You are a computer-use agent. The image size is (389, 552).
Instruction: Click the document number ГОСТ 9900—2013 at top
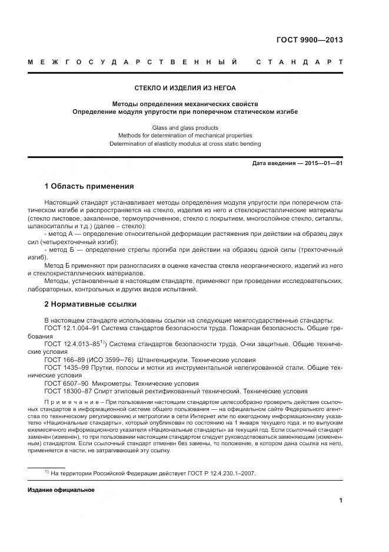310,41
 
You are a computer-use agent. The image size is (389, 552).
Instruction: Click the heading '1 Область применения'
89,186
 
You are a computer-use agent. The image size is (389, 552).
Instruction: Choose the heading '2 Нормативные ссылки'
90,304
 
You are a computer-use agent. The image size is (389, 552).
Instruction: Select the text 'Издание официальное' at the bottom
61,490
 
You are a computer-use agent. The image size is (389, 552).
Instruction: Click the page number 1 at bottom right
341,501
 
